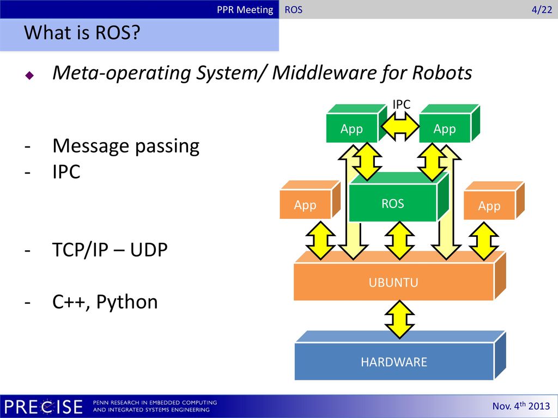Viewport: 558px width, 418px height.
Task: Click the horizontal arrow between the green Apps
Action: tap(400, 126)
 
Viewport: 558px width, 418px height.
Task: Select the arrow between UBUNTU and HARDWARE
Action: tap(399, 319)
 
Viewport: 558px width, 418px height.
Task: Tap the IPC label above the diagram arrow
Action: tap(402, 104)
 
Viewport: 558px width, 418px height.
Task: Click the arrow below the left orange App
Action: tap(320, 240)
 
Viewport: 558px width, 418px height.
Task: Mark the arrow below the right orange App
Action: tap(483, 241)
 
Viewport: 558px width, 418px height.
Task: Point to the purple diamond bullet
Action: tap(29, 75)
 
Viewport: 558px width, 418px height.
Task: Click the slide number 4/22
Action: tap(542, 10)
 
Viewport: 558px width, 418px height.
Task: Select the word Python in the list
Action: tap(127, 303)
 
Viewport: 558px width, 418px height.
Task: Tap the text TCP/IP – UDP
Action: tap(110, 249)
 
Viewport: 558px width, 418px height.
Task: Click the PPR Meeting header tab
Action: tap(245, 10)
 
